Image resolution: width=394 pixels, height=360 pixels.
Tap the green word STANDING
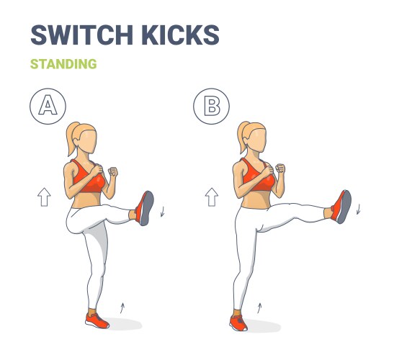coord(63,64)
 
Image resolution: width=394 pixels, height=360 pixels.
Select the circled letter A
coord(48,106)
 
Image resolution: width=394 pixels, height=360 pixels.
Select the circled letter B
coord(212,106)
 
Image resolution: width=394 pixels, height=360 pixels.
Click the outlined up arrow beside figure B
coord(212,196)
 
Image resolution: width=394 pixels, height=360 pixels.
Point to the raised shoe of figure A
coord(146,208)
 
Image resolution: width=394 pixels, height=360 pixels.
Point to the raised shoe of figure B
coord(341,207)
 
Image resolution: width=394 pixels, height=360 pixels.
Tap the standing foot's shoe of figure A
coord(97,319)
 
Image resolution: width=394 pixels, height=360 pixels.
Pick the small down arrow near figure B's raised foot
coord(358,209)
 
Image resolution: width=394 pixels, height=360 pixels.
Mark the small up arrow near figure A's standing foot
coord(122,307)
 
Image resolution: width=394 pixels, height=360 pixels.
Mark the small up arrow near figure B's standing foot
coord(260,309)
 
